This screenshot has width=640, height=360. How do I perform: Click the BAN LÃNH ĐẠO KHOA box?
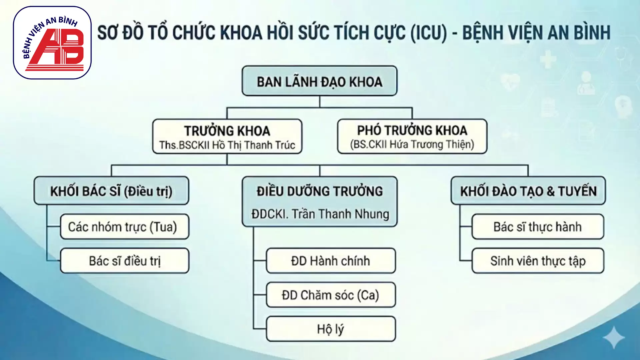[319, 81]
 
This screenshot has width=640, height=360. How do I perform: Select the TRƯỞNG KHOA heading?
[227, 131]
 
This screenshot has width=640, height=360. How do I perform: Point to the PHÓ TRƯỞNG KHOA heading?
[412, 130]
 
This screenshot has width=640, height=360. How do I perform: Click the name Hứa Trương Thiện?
[430, 145]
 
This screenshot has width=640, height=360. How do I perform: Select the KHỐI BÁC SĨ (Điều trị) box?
[111, 191]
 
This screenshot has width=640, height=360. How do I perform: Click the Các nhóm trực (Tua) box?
[124, 227]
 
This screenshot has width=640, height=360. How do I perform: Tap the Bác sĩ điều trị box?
[124, 261]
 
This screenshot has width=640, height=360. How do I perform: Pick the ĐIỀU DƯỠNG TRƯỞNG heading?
[319, 191]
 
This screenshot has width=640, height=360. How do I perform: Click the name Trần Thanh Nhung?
[340, 214]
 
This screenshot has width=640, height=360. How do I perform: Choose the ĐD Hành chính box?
[331, 261]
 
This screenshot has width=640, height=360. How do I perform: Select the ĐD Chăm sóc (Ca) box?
[331, 295]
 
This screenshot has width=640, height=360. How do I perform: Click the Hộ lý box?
[331, 329]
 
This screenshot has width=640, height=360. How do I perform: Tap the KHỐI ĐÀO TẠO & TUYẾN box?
[528, 191]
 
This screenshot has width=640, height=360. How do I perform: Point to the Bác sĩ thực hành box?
[537, 227]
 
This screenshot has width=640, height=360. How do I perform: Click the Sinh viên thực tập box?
[537, 261]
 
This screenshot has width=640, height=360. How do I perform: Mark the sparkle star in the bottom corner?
[614, 338]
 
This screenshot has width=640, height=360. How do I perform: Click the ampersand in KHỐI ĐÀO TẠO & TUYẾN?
[550, 191]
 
